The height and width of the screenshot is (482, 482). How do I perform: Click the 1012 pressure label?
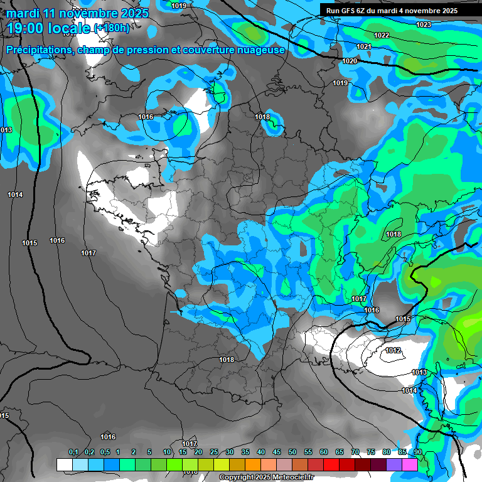click(x=394, y=350)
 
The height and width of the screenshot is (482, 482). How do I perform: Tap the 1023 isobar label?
click(x=424, y=24)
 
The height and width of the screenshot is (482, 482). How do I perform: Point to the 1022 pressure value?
click(x=382, y=36)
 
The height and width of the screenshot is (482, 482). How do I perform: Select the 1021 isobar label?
click(x=364, y=47)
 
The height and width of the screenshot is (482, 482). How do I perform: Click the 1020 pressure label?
click(x=350, y=61)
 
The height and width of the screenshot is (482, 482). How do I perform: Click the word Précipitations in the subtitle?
click(x=38, y=50)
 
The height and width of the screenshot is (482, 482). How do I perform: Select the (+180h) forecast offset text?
click(x=112, y=28)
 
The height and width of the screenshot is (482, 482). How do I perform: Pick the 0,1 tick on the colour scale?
click(x=73, y=453)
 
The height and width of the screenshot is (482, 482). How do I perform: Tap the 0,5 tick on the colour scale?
click(x=105, y=453)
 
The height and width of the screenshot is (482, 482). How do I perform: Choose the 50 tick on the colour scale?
click(x=292, y=453)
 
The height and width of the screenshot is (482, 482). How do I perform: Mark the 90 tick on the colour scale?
click(x=417, y=453)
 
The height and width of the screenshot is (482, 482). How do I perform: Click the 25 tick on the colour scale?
click(x=214, y=453)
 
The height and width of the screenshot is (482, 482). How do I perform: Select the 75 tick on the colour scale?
click(x=371, y=453)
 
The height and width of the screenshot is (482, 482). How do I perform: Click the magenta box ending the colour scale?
click(x=410, y=464)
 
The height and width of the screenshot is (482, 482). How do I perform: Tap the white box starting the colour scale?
click(x=64, y=464)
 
